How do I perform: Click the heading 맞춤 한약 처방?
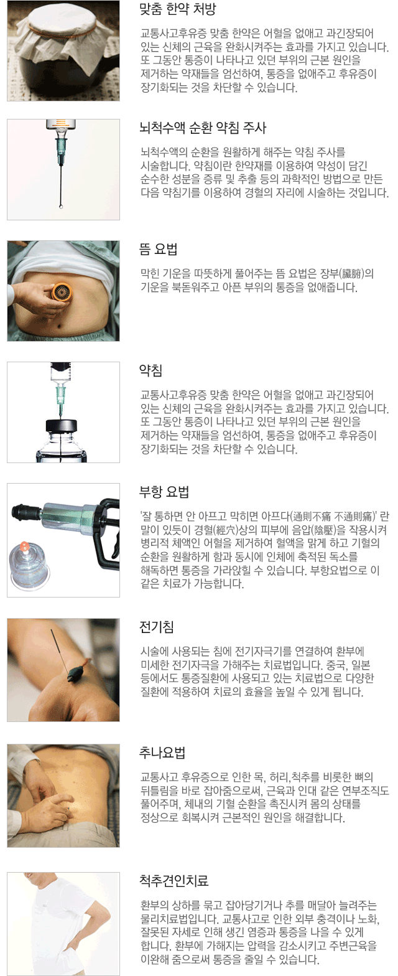(177, 9)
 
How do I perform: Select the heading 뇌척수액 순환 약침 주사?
(203, 128)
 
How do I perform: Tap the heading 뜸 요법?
(158, 249)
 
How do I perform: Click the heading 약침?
(150, 370)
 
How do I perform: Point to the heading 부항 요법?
(164, 492)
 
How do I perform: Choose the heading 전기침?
(156, 627)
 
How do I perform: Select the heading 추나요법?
(162, 753)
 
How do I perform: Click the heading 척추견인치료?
(174, 881)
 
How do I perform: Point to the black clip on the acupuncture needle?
(78, 672)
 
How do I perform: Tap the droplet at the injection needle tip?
(61, 206)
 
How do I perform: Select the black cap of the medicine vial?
(62, 426)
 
